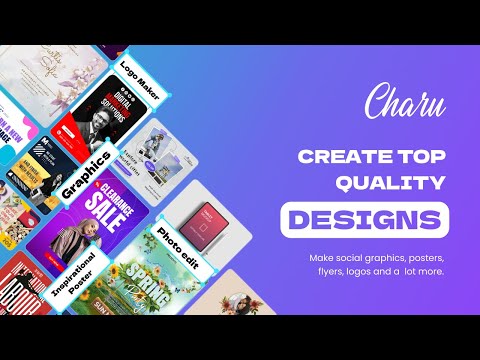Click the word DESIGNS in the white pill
point(364,217)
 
